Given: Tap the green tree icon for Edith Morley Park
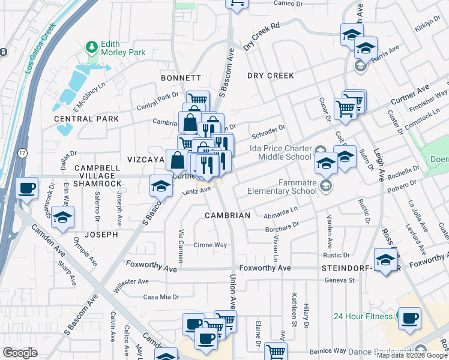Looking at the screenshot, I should (x=91, y=46).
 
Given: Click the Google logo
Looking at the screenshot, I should (x=20, y=353).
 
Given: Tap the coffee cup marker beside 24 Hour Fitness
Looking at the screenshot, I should (x=409, y=318).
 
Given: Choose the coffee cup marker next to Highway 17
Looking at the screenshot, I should (x=27, y=188).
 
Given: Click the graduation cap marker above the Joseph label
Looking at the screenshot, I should (x=62, y=218).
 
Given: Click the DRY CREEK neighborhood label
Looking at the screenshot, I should (x=271, y=76).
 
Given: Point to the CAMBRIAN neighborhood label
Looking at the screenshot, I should (x=228, y=215).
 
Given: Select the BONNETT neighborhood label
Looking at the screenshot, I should (x=181, y=78).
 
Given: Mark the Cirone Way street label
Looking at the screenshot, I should (x=210, y=245).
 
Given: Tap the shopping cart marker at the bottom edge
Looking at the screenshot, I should (x=276, y=352).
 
